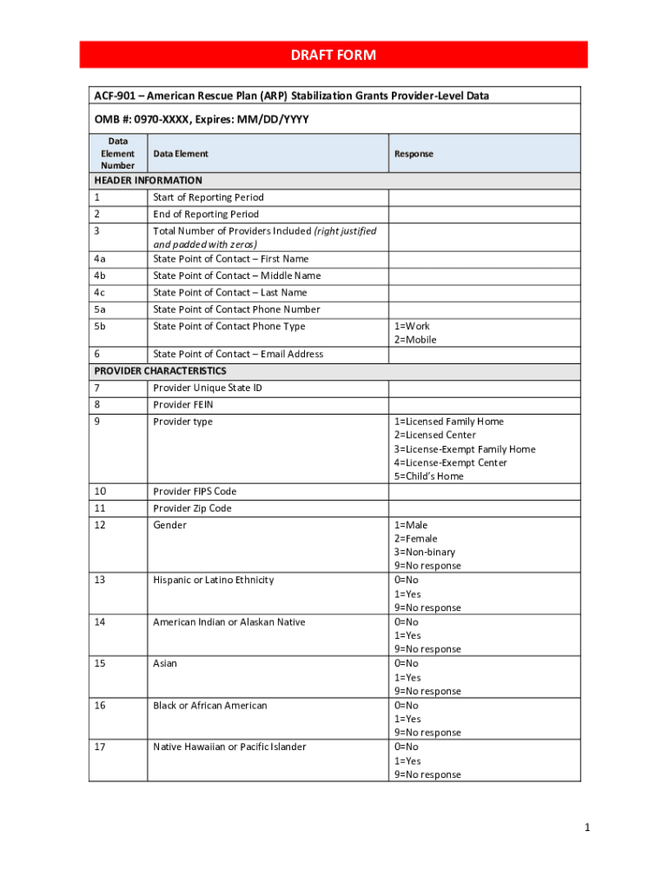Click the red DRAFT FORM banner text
click(x=334, y=55)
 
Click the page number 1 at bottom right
click(x=587, y=828)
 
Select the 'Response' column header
click(x=414, y=154)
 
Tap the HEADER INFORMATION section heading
click(x=148, y=181)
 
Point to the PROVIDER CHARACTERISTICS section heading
click(x=160, y=371)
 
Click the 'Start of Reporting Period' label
click(x=209, y=197)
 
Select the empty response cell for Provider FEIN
click(x=484, y=405)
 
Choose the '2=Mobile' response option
click(x=415, y=340)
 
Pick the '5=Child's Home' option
click(x=429, y=476)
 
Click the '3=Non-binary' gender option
click(x=425, y=552)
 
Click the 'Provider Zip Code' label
click(x=193, y=508)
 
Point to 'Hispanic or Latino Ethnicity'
click(x=214, y=580)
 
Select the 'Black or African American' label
click(x=210, y=705)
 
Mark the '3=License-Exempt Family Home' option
click(x=465, y=449)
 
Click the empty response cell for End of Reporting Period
click(x=484, y=214)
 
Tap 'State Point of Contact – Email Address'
click(x=238, y=354)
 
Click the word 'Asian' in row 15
click(x=165, y=663)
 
